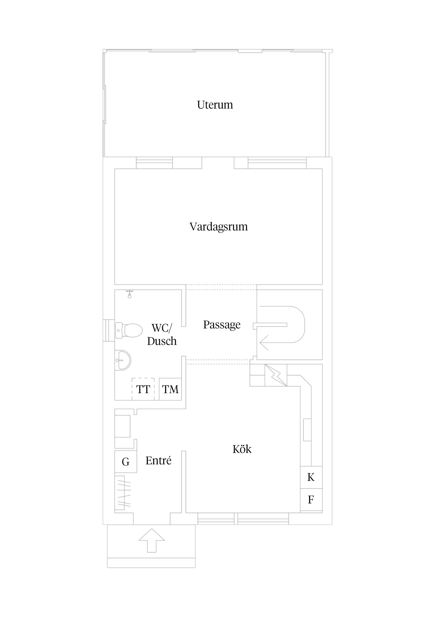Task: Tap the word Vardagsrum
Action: coord(218,226)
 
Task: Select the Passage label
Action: coord(222,325)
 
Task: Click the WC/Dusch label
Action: coord(162,335)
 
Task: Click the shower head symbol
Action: coord(129,294)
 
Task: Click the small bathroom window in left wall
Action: coord(109,330)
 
